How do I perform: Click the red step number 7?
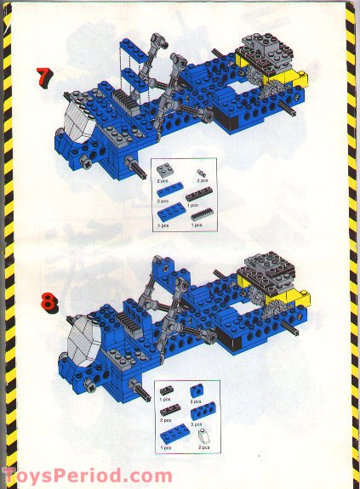click(43, 76)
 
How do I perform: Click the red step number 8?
click(44, 299)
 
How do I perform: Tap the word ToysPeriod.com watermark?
click(86, 477)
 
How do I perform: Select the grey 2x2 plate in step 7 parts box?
click(164, 170)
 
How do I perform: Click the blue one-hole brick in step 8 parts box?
click(198, 391)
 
